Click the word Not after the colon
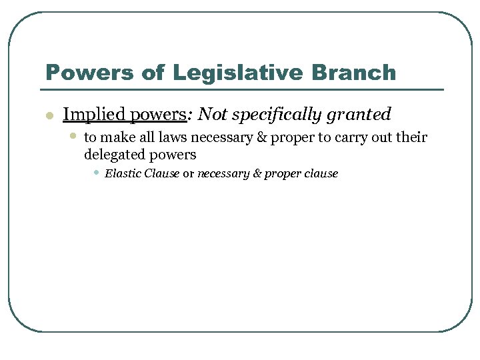point(213,115)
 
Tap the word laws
point(176,138)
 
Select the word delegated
point(113,155)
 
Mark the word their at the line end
point(410,138)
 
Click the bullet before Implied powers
point(48,116)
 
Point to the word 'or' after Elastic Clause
point(188,173)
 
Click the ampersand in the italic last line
point(257,173)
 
